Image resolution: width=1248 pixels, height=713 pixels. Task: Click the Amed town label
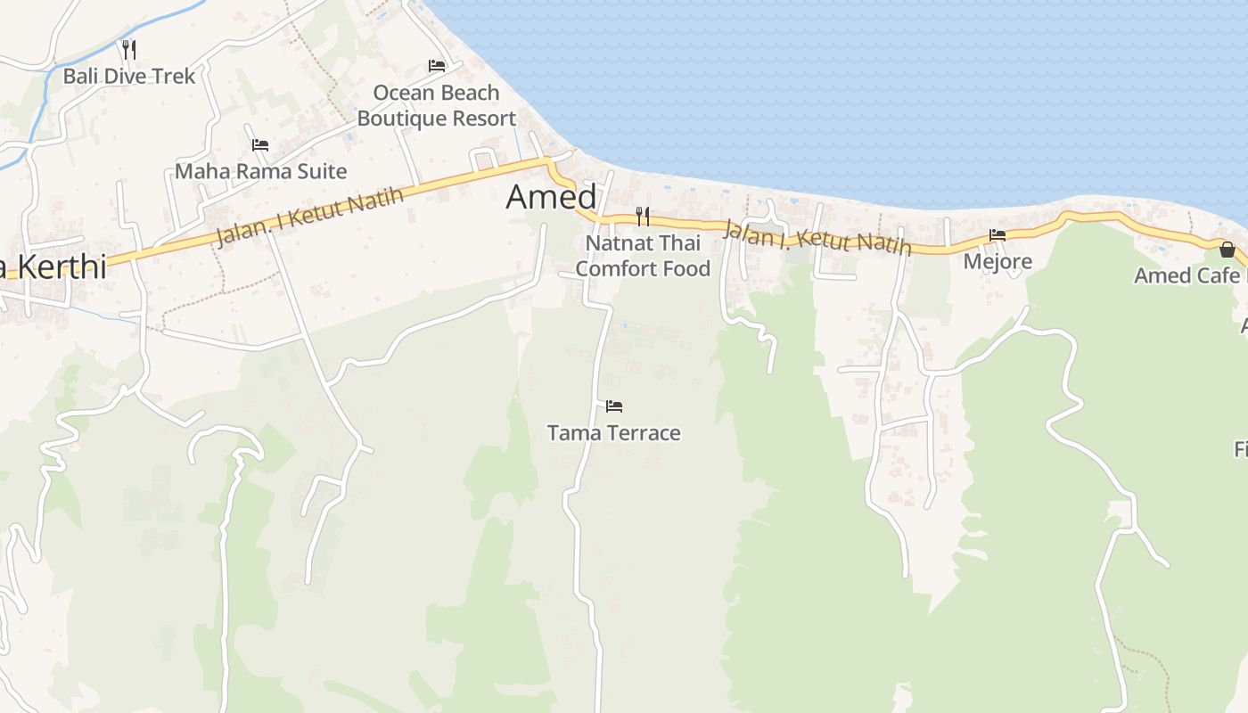(551, 197)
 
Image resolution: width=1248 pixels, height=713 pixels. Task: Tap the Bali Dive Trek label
(128, 76)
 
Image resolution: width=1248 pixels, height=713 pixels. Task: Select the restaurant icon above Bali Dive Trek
(129, 49)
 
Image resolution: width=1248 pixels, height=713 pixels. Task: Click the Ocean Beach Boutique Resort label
(437, 105)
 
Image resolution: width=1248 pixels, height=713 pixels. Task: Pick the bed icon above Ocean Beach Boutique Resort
(437, 66)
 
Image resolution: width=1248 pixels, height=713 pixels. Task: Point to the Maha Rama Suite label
(260, 170)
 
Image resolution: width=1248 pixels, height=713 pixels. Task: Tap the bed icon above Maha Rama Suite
(260, 144)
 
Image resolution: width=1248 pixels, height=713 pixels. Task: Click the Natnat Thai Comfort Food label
(643, 256)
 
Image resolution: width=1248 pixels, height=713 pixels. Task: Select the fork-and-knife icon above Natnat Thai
(642, 217)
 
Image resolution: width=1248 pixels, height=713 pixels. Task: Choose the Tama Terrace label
(613, 433)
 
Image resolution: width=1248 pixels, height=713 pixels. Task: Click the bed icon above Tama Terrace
(614, 406)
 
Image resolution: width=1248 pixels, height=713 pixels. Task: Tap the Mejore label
(998, 261)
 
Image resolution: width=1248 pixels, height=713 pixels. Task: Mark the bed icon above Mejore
(998, 235)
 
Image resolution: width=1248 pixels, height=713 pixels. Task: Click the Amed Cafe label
(1186, 275)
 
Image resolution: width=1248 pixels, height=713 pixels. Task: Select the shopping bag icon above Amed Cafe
(1227, 250)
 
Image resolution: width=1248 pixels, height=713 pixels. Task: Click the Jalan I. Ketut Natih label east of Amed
(817, 237)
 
